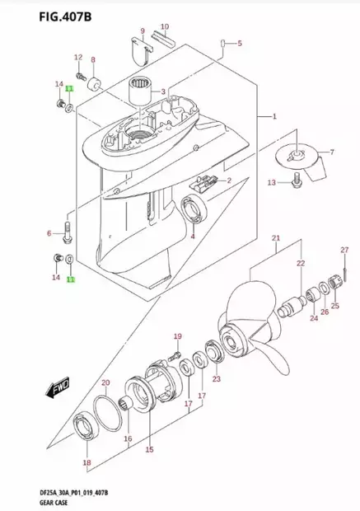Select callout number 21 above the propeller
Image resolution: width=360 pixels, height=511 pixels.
pos(276,239)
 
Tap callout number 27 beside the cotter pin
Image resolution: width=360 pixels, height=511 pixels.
pos(345,251)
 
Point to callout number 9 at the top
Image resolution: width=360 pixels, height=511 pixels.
pos(142,31)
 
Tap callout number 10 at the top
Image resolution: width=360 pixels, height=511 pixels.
pos(164,26)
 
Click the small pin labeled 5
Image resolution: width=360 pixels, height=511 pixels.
pos(223,42)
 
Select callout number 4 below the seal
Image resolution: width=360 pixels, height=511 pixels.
pos(193,237)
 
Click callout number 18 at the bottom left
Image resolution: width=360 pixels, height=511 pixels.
pos(86,462)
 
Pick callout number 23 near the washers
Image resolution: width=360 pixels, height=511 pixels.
pos(217,379)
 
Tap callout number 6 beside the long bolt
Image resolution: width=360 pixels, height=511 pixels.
pos(49,233)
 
